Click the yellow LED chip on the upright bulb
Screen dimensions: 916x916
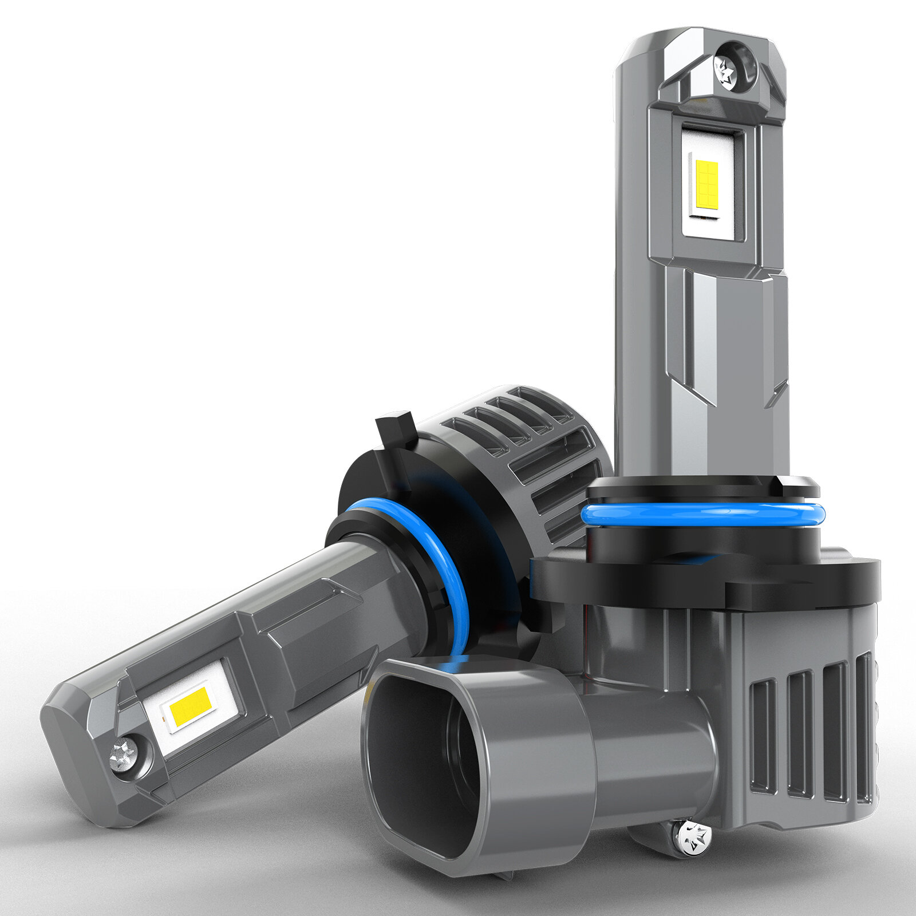click(x=708, y=183)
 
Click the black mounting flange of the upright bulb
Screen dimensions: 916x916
click(x=704, y=578)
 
